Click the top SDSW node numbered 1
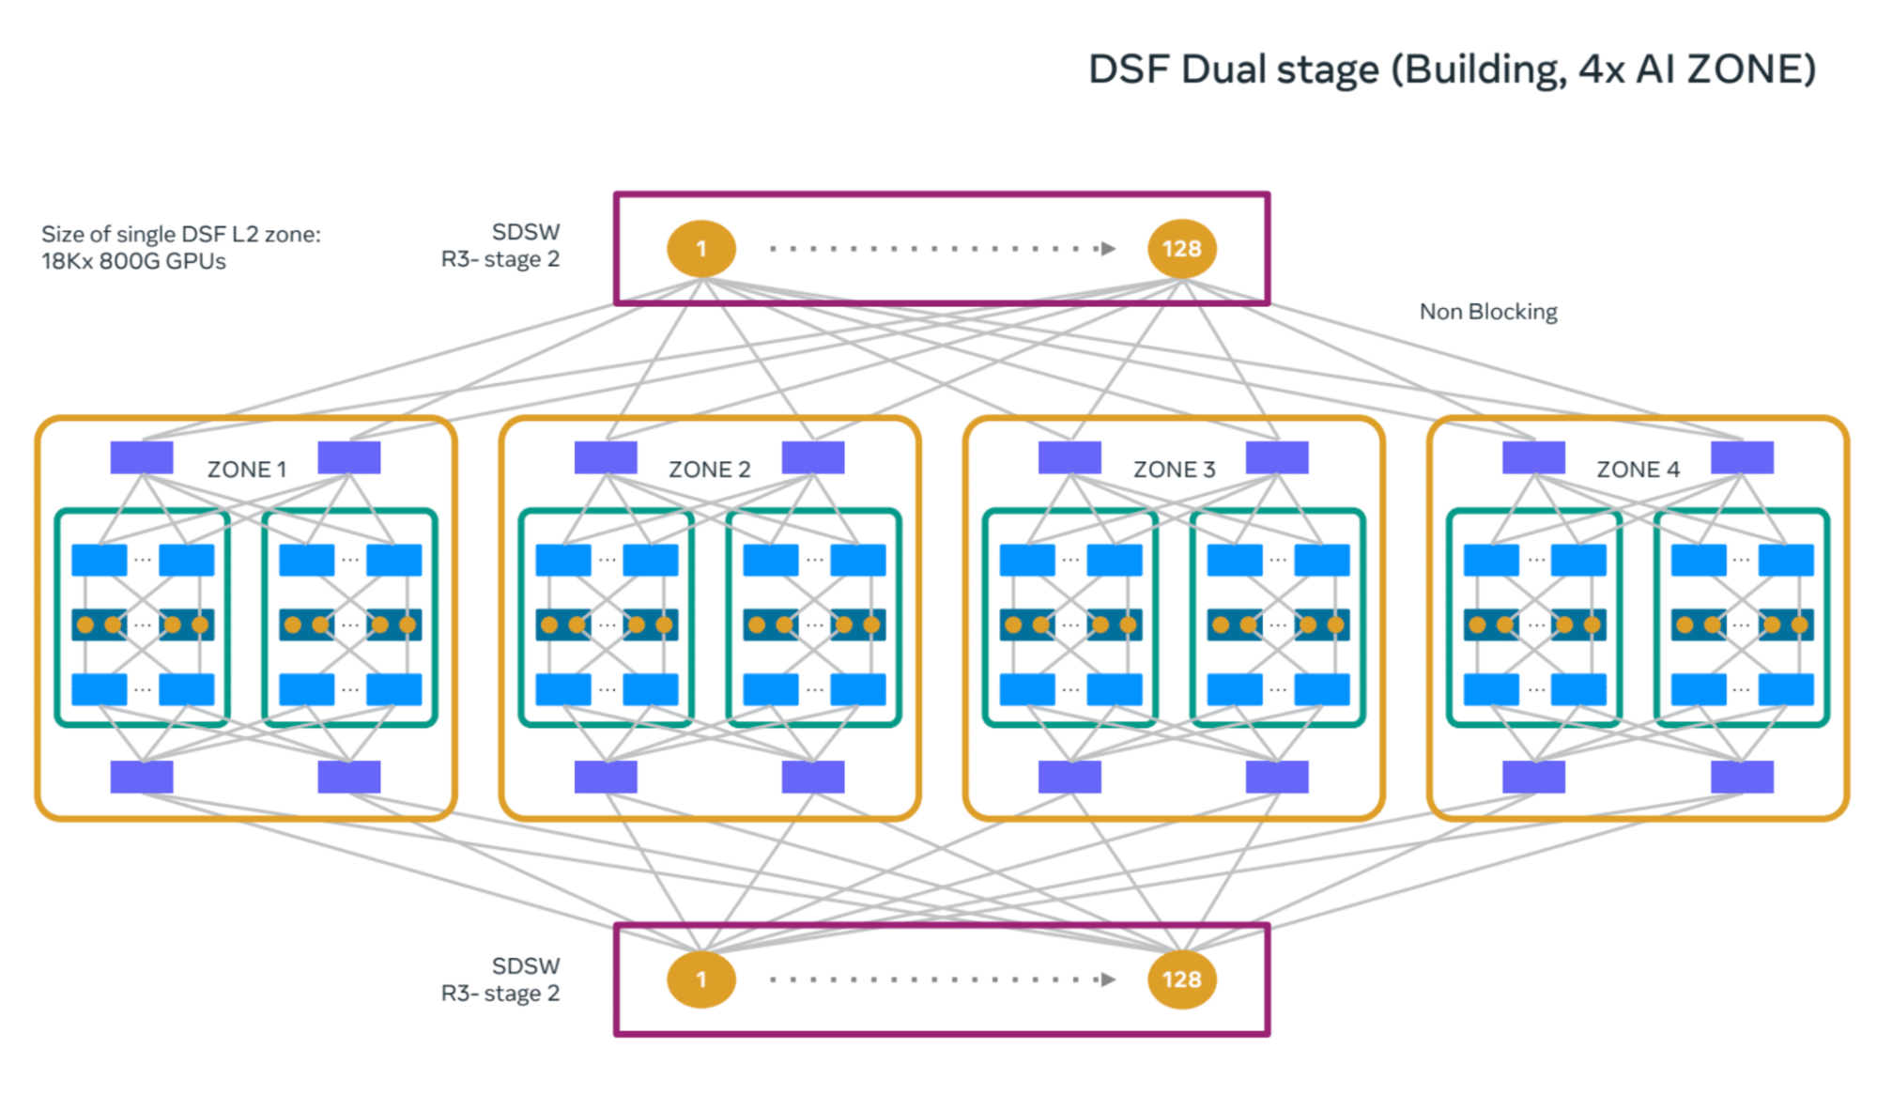[x=700, y=249]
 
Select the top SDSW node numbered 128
[x=1181, y=249]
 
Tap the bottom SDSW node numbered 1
[x=700, y=979]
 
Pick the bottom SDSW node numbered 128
[x=1181, y=979]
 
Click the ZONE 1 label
[x=246, y=470]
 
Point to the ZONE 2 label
[x=709, y=470]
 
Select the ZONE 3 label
[x=1174, y=470]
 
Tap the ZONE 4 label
[x=1638, y=470]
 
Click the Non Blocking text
[x=1487, y=312]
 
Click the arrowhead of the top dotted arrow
[x=1109, y=249]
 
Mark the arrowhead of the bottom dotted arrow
[x=1109, y=979]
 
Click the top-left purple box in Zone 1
[x=142, y=457]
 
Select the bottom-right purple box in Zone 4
[x=1742, y=777]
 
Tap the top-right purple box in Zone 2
[x=813, y=457]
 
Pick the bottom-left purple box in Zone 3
[x=1069, y=777]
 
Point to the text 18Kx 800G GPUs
[x=133, y=261]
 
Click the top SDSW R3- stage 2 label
[x=500, y=245]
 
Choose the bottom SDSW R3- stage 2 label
[x=500, y=979]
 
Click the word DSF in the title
[x=1128, y=69]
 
